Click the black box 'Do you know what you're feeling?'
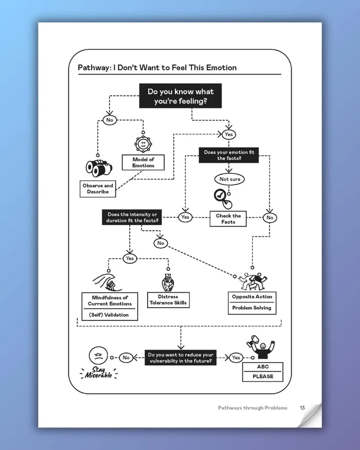pyautogui.click(x=181, y=96)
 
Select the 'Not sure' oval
pyautogui.click(x=229, y=179)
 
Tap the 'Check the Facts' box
pyautogui.click(x=228, y=219)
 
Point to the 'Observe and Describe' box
pyautogui.click(x=98, y=189)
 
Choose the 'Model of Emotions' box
pyautogui.click(x=143, y=163)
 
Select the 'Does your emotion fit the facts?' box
pyautogui.click(x=229, y=155)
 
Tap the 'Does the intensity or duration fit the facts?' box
pyautogui.click(x=132, y=217)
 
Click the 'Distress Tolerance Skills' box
pyautogui.click(x=168, y=300)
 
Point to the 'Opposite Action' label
pyautogui.click(x=251, y=297)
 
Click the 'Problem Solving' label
pyautogui.click(x=251, y=308)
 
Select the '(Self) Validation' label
pyautogui.click(x=110, y=315)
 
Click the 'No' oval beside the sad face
pyautogui.click(x=126, y=357)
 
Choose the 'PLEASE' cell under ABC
pyautogui.click(x=263, y=376)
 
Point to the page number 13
pyautogui.click(x=302, y=408)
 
